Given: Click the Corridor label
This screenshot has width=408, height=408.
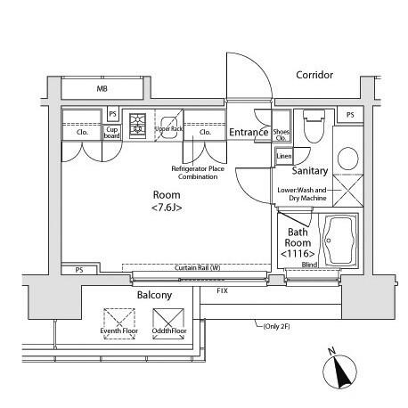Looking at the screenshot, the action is click(314, 75).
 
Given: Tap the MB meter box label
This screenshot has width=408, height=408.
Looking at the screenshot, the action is click(102, 88).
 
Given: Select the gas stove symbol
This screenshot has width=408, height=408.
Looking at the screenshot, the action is click(137, 126).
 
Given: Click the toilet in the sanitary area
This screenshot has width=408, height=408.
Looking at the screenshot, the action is click(314, 126).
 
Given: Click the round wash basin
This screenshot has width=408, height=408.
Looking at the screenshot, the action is click(348, 159).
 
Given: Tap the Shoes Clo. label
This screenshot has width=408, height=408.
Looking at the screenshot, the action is click(281, 135).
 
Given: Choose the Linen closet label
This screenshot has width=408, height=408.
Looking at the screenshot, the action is click(284, 156).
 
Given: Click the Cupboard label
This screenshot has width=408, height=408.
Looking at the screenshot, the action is click(111, 133).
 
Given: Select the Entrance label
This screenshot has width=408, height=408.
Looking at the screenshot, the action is click(249, 132).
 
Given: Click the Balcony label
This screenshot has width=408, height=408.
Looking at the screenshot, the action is click(154, 295).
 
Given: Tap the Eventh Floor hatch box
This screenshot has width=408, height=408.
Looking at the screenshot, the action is click(119, 323).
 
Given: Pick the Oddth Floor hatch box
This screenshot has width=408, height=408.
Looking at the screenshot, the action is click(168, 323).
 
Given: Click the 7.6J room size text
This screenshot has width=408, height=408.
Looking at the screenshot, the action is click(167, 208).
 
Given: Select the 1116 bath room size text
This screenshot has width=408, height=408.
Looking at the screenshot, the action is click(298, 254).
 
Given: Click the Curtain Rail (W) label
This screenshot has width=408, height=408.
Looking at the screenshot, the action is click(198, 268).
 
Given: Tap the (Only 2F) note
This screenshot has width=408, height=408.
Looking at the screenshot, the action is click(276, 326).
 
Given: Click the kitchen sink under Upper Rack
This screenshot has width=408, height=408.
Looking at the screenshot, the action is click(169, 127).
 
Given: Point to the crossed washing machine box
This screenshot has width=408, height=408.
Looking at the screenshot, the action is click(348, 191).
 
